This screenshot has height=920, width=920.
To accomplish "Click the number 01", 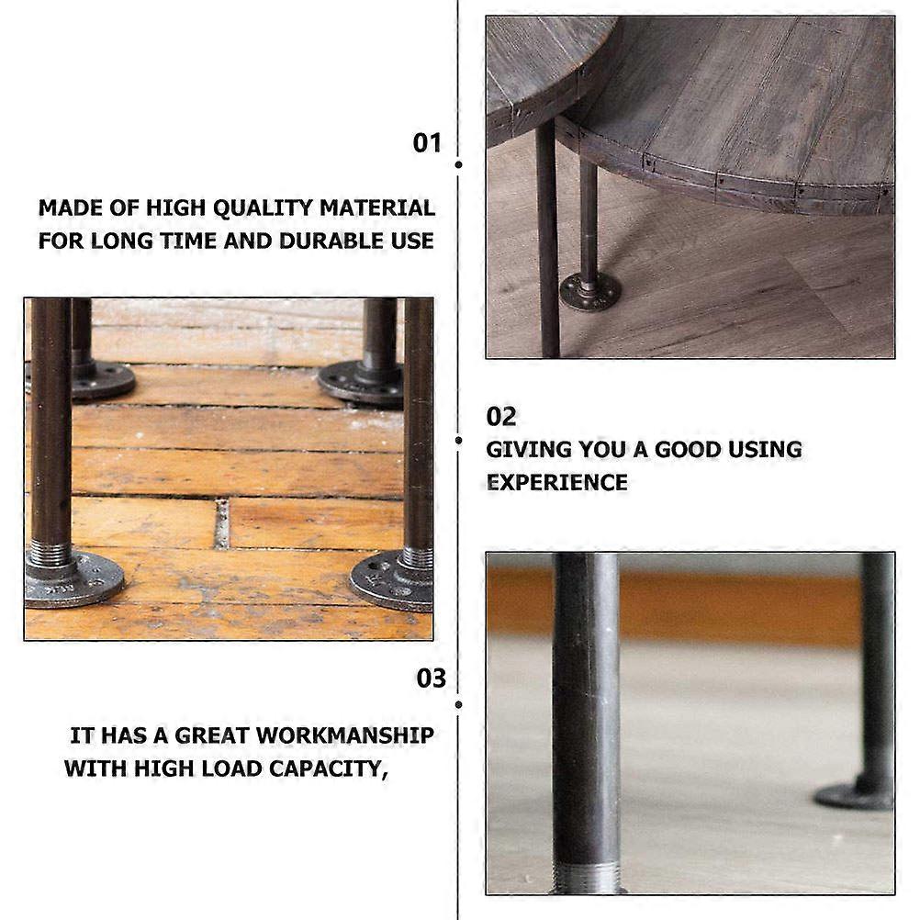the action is pyautogui.click(x=427, y=142).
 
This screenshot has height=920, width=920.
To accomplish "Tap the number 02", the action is pyautogui.click(x=501, y=417).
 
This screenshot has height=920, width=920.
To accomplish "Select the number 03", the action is pyautogui.click(x=432, y=679).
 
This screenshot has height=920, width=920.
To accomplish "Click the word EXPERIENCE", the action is pyautogui.click(x=556, y=483).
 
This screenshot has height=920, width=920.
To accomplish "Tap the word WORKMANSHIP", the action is pyautogui.click(x=345, y=735).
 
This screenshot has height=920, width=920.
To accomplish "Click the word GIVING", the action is pyautogui.click(x=529, y=449).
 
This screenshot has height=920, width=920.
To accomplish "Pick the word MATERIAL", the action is pyautogui.click(x=377, y=208).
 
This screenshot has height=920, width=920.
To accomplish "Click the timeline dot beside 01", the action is pyautogui.click(x=458, y=165).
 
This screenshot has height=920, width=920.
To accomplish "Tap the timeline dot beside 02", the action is pyautogui.click(x=458, y=440).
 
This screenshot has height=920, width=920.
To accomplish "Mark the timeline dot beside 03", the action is pyautogui.click(x=458, y=704).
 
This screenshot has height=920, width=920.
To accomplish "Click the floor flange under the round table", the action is pyautogui.click(x=590, y=291).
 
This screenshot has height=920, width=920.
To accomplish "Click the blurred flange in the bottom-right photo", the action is pyautogui.click(x=854, y=796).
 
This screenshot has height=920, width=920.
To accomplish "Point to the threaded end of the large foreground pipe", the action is pyautogui.click(x=588, y=878).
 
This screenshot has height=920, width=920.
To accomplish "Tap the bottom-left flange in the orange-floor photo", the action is pyautogui.click(x=73, y=579).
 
